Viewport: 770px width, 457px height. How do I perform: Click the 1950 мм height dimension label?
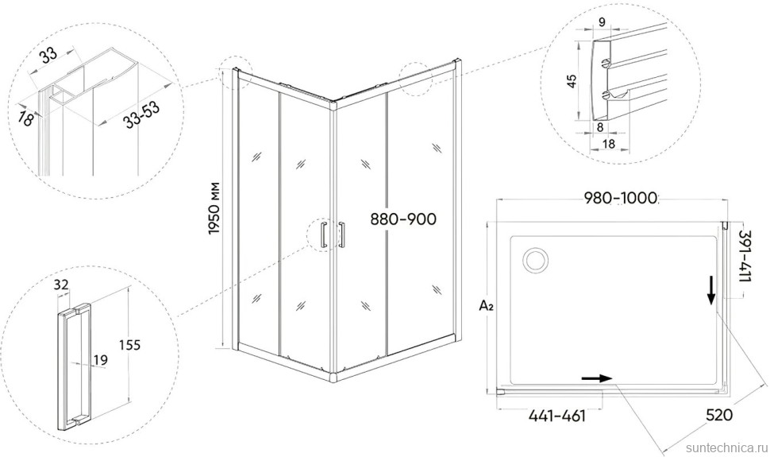tap(214, 208)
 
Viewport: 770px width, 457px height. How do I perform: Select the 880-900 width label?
tap(403, 219)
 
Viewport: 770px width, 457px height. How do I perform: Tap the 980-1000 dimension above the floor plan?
tap(621, 198)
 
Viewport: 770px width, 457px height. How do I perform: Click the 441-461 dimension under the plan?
tap(557, 416)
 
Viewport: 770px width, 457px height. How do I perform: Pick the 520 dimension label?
tap(719, 415)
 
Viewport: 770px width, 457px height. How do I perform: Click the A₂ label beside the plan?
tap(486, 306)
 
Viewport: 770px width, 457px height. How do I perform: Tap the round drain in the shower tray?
tap(536, 259)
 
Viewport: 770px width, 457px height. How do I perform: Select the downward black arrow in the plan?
tap(710, 290)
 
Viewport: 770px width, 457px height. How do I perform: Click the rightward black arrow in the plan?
tap(597, 378)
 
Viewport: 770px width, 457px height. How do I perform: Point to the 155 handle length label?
tap(129, 345)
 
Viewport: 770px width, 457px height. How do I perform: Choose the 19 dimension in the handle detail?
tap(100, 360)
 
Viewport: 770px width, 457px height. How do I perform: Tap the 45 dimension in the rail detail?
tap(571, 81)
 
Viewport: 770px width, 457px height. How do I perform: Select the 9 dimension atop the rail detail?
tap(602, 21)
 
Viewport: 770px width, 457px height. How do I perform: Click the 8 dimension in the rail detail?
tap(600, 127)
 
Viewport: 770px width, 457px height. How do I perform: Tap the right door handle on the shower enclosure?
tap(341, 234)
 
